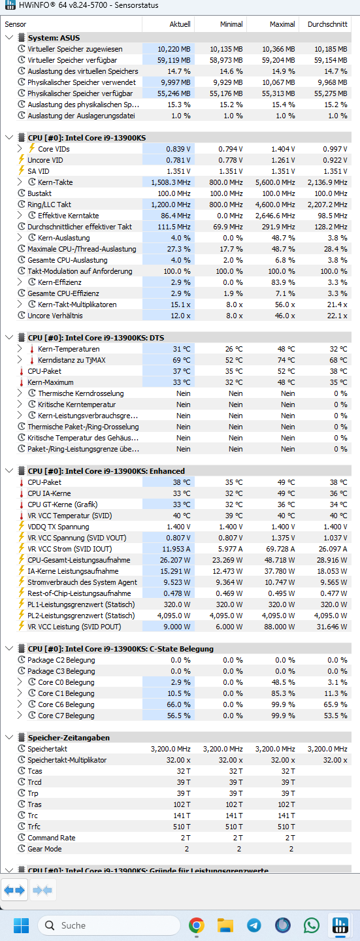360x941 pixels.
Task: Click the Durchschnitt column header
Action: pyautogui.click(x=327, y=24)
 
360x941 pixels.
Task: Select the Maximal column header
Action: pyautogui.click(x=282, y=24)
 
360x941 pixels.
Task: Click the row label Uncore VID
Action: pyautogui.click(x=45, y=160)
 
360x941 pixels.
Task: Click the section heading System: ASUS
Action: pyautogui.click(x=54, y=38)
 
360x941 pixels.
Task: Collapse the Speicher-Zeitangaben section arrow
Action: pyautogui.click(x=9, y=737)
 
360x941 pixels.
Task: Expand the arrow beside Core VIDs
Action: pyautogui.click(x=20, y=148)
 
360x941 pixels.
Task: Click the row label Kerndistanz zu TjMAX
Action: pyautogui.click(x=71, y=360)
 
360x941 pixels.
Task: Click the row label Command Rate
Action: pyautogui.click(x=51, y=838)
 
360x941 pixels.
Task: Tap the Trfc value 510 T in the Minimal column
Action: pyautogui.click(x=234, y=827)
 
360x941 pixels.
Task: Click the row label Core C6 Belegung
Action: pyautogui.click(x=66, y=704)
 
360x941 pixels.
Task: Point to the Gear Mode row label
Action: pyautogui.click(x=44, y=849)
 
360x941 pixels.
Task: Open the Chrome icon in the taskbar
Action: pyautogui.click(x=196, y=925)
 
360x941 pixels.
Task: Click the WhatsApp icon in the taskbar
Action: pyautogui.click(x=311, y=925)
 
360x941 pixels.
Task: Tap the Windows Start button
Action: pyautogui.click(x=21, y=925)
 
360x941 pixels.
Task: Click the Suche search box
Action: pyautogui.click(x=109, y=925)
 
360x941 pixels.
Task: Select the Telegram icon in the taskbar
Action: pyautogui.click(x=254, y=925)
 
